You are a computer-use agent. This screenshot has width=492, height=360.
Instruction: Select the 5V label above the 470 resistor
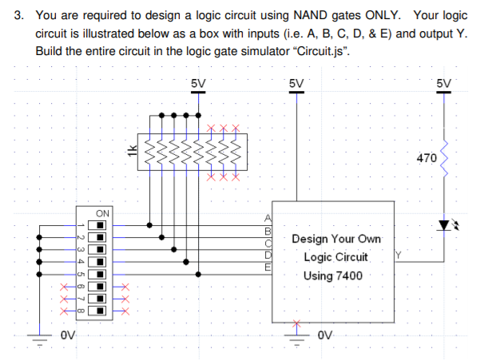point(445,82)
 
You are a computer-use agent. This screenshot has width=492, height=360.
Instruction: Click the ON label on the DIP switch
point(101,213)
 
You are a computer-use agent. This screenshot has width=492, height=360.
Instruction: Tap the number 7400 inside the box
point(347,275)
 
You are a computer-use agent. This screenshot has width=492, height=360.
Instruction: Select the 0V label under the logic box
point(324,334)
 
